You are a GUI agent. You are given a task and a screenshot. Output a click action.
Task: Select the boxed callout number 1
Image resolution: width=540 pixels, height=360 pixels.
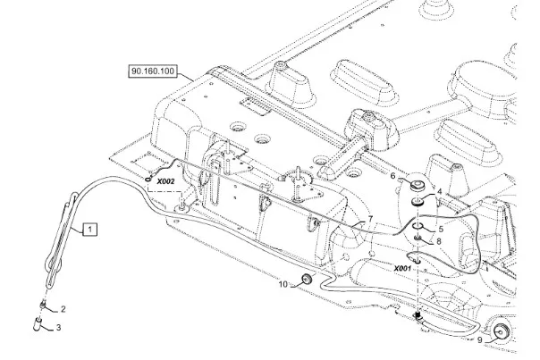tap(89, 230)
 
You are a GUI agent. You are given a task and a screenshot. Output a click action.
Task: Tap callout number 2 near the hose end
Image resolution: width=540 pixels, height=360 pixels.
tap(61, 309)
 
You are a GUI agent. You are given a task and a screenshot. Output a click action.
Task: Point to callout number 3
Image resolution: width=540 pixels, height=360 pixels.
tap(59, 328)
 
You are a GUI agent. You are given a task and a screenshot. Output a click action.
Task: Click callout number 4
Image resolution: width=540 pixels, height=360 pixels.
tap(438, 193)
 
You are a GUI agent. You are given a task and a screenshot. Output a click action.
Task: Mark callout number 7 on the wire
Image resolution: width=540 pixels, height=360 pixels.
tap(368, 219)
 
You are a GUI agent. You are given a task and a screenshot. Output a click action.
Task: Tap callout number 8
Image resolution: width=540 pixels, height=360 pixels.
tap(438, 241)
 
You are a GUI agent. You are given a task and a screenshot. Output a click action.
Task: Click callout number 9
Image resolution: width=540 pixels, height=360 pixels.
tap(479, 340)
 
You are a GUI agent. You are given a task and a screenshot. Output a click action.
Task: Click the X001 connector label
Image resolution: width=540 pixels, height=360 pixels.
tap(402, 267)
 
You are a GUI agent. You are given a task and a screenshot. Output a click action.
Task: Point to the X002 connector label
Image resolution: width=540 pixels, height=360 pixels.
tap(165, 181)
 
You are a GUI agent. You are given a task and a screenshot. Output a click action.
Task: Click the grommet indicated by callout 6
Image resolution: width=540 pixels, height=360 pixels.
tap(416, 184)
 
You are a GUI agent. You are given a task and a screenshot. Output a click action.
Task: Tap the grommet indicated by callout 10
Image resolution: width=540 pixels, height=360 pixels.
tap(304, 280)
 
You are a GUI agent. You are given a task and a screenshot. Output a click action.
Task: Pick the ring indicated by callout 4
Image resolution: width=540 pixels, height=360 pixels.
tap(417, 205)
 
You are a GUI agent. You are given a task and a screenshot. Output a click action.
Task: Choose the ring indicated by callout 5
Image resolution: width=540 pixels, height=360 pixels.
tap(417, 229)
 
